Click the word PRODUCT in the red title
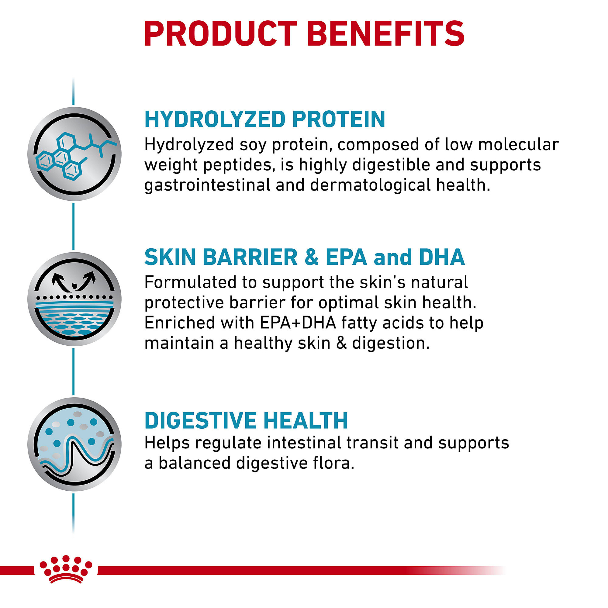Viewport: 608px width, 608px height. tap(221, 34)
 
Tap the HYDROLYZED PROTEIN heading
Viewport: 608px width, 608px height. tap(265, 119)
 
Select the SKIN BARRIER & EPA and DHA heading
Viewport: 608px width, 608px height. tap(305, 257)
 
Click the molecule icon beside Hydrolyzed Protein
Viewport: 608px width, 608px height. tap(74, 154)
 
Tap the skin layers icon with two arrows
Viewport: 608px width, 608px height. tap(74, 299)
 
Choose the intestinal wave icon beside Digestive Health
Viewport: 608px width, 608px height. tap(74, 444)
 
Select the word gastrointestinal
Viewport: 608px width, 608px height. tap(207, 185)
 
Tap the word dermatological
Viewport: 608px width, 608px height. tap(370, 185)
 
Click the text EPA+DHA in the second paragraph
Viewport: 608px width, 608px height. tap(298, 323)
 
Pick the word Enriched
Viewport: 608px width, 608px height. tap(179, 323)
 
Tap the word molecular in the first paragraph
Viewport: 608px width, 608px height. tap(518, 145)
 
